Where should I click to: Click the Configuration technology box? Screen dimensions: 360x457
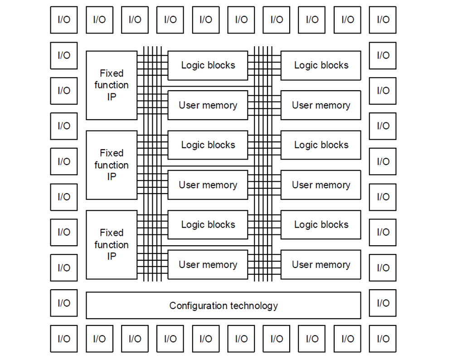click(223, 305)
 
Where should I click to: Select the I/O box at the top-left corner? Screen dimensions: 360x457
click(64, 20)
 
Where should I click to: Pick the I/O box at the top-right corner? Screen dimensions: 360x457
click(383, 20)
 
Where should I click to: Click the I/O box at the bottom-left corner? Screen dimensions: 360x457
click(64, 339)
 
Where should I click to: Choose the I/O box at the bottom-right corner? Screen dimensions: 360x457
click(383, 339)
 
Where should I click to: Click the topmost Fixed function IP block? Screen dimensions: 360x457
click(112, 85)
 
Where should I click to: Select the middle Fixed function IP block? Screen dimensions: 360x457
click(112, 165)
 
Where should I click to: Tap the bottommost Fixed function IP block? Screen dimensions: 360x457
click(112, 245)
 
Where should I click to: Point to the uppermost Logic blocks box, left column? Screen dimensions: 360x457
click(208, 65)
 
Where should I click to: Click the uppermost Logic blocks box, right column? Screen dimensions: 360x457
click(321, 65)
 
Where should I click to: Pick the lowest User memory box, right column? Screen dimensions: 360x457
click(321, 265)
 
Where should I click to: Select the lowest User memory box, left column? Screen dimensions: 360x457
click(208, 265)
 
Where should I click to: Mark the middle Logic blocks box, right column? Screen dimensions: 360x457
click(321, 145)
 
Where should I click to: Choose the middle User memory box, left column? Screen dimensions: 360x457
click(208, 185)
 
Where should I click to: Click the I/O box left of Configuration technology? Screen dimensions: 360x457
click(64, 303)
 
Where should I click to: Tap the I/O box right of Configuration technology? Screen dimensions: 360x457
click(383, 303)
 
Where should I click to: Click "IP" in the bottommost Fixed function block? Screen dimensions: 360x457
click(112, 257)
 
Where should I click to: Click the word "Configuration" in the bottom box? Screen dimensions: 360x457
click(199, 306)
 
